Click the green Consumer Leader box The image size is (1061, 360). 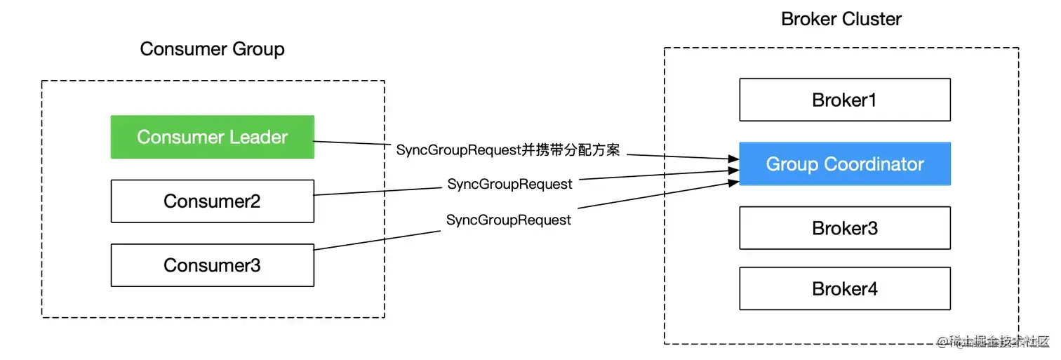point(212,137)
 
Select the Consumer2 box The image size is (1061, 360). point(212,201)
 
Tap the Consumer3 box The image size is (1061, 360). point(212,265)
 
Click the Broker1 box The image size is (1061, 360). point(844,100)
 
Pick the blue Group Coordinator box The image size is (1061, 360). point(844,164)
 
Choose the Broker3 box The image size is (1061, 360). point(844,228)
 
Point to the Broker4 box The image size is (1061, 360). point(844,288)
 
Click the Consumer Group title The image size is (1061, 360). point(212,49)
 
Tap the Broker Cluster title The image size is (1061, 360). point(841,19)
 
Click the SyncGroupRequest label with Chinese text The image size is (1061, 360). point(508,149)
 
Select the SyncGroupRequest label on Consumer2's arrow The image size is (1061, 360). point(509,184)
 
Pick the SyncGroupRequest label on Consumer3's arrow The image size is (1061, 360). point(509,220)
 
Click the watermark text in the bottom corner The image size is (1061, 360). point(993,342)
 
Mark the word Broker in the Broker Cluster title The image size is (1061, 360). point(808,19)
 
